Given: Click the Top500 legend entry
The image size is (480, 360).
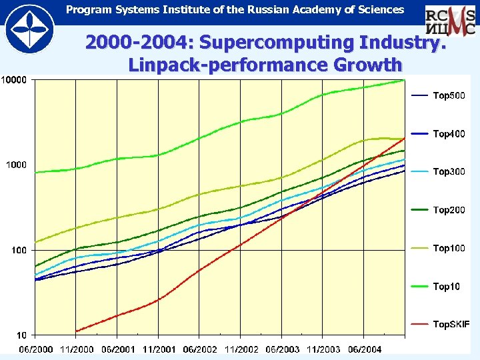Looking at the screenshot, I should point(449,96).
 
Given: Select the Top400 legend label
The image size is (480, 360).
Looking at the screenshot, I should point(449,134).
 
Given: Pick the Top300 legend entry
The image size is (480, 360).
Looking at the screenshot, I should point(449,172).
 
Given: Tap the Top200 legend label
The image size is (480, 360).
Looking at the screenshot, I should point(449,210).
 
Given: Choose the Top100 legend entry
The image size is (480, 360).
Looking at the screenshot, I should point(449,248).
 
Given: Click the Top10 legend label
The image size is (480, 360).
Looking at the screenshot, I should point(447,287).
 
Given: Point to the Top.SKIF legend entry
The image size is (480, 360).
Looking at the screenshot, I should point(451,325).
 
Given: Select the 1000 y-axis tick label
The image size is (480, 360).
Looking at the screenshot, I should point(16,165).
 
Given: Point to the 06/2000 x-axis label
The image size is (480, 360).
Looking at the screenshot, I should point(36,349).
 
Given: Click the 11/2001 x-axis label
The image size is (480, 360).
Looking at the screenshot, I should point(159,349).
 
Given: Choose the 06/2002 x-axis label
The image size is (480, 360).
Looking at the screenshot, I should point(200,349).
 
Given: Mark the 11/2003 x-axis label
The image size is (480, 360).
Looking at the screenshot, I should point(323,349).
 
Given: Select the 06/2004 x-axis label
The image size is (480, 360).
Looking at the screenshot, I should point(364,349).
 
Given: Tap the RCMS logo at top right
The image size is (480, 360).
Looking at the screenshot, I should point(451,21).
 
